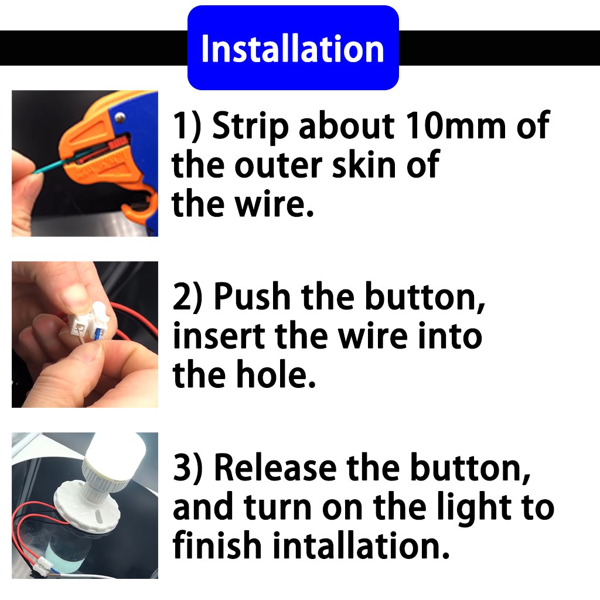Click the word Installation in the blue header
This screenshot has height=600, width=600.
point(293,49)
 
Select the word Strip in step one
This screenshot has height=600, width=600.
point(250,127)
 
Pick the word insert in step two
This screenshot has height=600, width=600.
point(219,336)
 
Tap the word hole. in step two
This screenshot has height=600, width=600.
point(277,374)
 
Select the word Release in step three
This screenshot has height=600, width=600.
point(275,467)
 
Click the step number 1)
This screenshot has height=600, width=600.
point(187,125)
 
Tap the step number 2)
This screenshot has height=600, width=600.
point(187,297)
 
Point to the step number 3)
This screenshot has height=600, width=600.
point(187,468)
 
